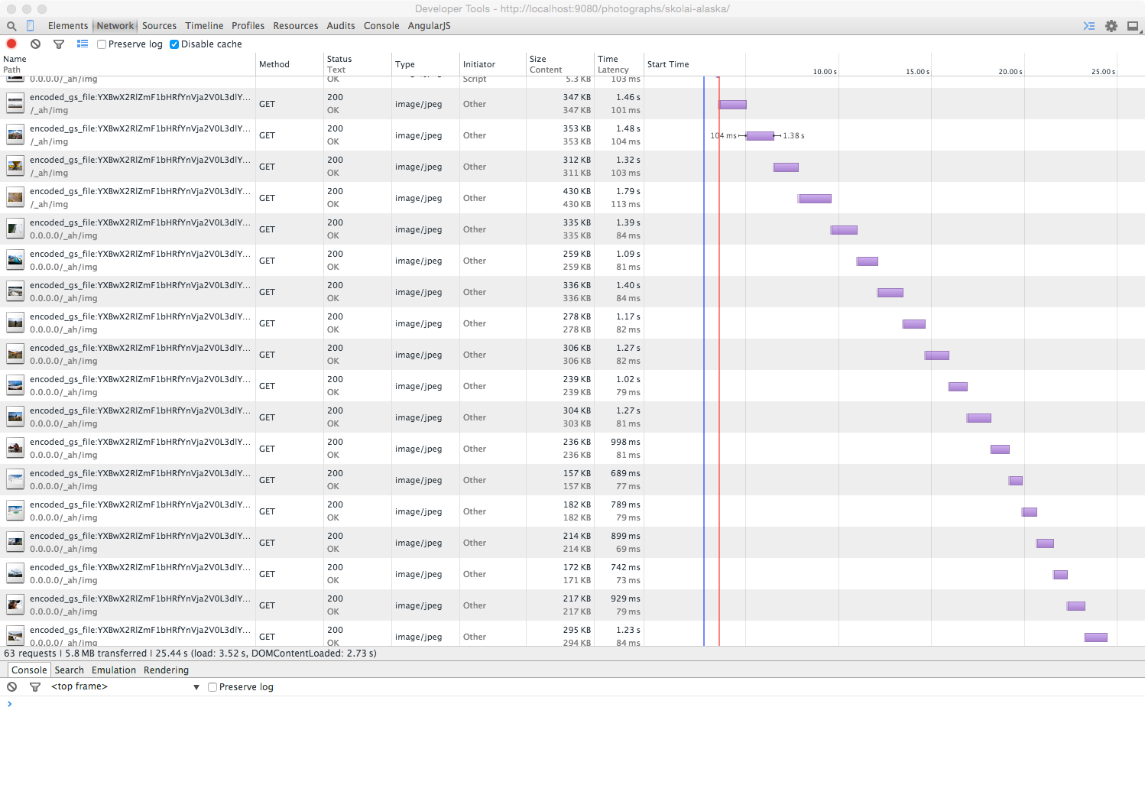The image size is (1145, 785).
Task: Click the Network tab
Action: coord(115,26)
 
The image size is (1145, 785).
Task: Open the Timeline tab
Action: coord(204,26)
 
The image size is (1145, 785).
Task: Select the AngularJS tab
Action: coord(429,26)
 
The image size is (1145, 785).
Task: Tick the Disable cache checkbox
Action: coord(174,44)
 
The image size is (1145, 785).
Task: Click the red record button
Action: coord(11,44)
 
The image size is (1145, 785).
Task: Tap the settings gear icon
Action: coord(1111,26)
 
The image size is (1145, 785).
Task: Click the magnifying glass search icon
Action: coord(11,26)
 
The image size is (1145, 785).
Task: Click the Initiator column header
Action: coord(479,64)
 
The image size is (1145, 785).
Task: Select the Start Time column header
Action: coord(668,64)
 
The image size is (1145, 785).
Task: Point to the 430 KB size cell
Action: coord(576,191)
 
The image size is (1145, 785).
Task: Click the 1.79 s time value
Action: coord(628,191)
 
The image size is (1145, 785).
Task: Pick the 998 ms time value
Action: coord(625,442)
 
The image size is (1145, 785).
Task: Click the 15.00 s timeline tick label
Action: coord(917,72)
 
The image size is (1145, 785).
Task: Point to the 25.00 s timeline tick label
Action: coord(1103,72)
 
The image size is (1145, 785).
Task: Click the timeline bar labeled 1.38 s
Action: coord(760,136)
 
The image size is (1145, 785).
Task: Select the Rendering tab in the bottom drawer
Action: coord(166,670)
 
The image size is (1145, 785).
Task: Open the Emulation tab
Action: coord(114,670)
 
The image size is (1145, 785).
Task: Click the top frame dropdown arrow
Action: coord(196,687)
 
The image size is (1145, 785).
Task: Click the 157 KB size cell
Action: coord(576,473)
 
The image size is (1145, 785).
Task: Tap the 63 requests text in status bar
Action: coord(31,654)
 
